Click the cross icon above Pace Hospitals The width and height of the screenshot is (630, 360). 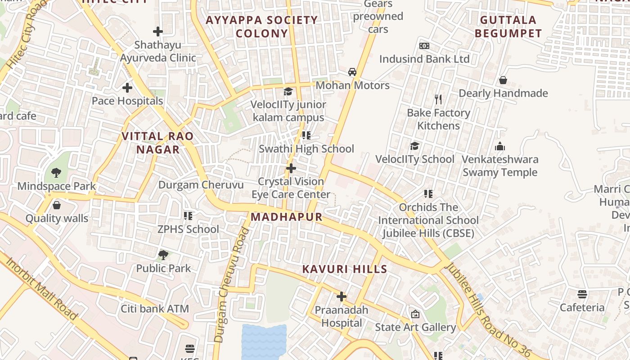coord(127,87)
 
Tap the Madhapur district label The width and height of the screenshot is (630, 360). coord(287,217)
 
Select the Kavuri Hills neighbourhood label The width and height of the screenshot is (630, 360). coord(344,269)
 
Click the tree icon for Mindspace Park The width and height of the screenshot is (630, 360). coord(56,172)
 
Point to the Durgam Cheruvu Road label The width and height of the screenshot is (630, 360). coord(232,285)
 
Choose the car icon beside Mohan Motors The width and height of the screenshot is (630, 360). coord(352,72)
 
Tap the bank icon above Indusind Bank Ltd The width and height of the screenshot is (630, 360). coord(424,46)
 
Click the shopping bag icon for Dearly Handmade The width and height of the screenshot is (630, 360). coord(503,80)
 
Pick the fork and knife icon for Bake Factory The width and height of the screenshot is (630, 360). coord(438,99)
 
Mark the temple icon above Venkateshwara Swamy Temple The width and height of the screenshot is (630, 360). coord(500,146)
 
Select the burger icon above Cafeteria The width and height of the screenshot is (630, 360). coord(582,294)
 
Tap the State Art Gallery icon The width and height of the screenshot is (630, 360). coord(415,314)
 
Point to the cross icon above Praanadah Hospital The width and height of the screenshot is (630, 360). coord(342,297)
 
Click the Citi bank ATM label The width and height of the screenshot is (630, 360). coord(155,309)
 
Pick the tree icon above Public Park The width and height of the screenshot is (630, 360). coord(163,255)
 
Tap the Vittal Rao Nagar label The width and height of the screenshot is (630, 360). coord(158,143)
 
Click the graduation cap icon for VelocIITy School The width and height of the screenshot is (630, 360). coord(414,146)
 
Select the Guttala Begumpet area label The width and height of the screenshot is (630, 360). coord(508,27)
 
